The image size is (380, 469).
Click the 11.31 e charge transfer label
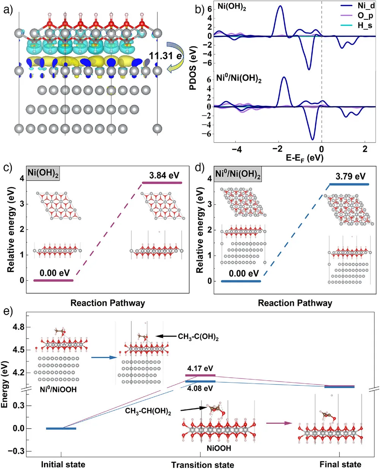pos(166,56)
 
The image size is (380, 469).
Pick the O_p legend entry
pos(365,16)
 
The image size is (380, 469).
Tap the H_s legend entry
pos(365,25)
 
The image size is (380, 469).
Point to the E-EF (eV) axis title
pos(304,157)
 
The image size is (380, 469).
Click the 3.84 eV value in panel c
pos(164,176)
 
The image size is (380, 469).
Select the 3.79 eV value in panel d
pos(350,176)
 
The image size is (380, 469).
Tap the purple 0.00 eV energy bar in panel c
pos(53,280)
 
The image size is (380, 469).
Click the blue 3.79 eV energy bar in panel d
pos(349,184)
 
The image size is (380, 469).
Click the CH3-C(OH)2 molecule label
pos(198,337)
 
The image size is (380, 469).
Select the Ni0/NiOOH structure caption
pos(58,389)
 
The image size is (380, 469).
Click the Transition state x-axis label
pos(203,465)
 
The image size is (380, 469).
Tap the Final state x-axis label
pos(340,464)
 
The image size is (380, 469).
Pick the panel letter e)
pos(8,311)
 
